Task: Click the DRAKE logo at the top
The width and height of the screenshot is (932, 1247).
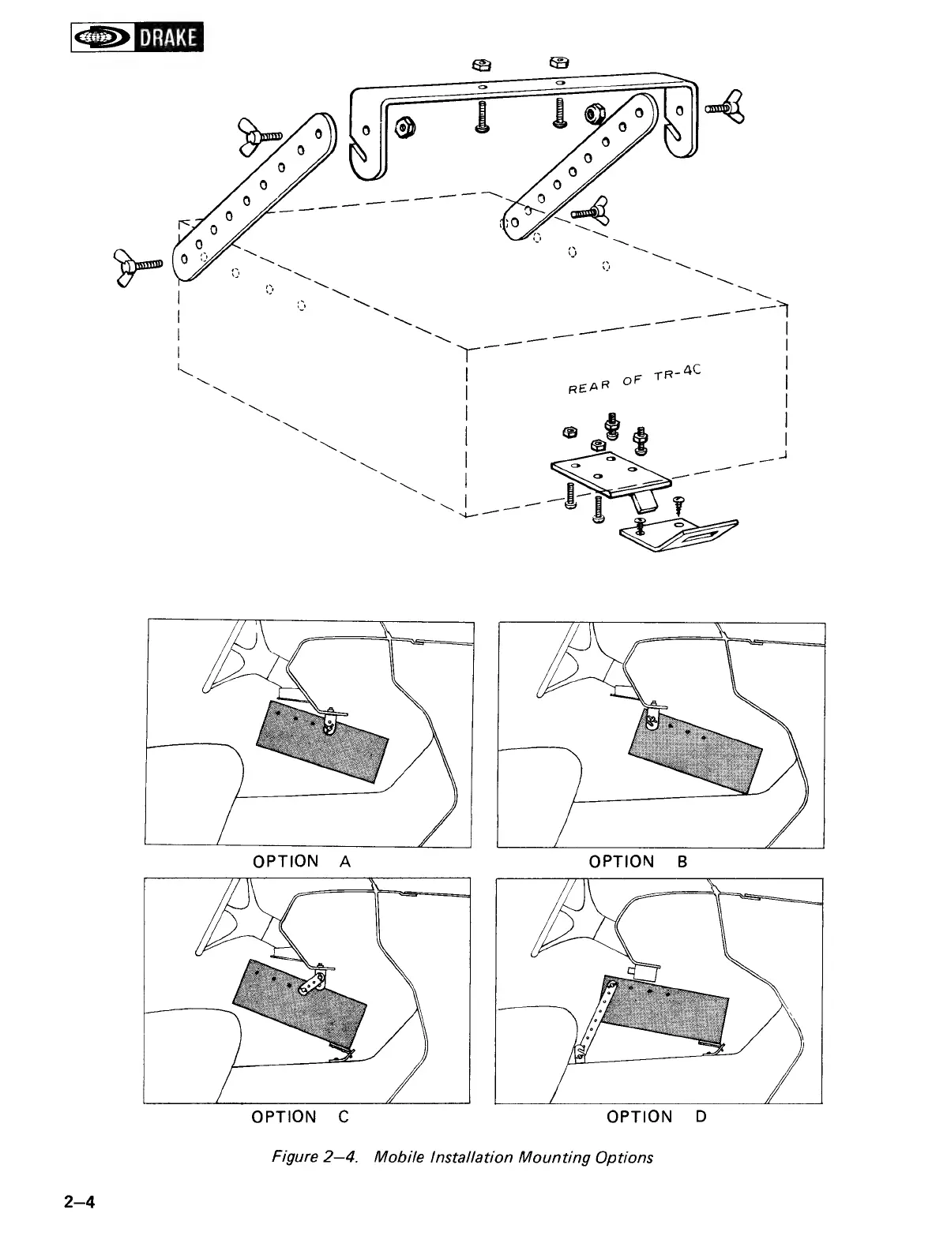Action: pos(137,37)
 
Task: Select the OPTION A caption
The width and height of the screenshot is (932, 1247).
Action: pos(301,861)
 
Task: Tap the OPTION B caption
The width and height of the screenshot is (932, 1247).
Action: pos(638,861)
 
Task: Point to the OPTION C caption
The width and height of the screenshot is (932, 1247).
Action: pos(299,1117)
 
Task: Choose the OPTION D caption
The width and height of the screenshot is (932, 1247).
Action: pos(656,1117)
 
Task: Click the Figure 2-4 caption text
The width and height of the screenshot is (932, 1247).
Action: pos(462,1157)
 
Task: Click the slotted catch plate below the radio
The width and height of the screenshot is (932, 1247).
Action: pos(679,535)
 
